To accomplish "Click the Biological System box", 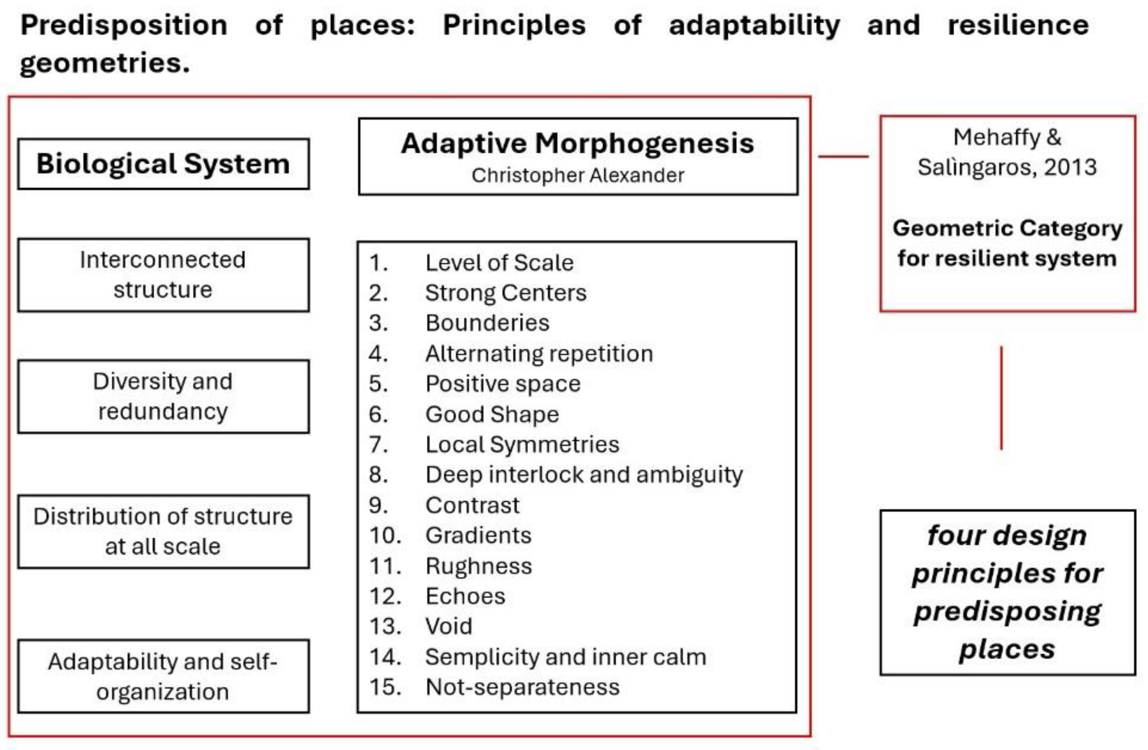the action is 163,164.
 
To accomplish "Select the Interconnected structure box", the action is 163,275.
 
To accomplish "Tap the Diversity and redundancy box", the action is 163,396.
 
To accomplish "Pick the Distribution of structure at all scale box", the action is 163,532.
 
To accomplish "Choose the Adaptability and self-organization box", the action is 163,676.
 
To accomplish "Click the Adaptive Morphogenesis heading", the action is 577,143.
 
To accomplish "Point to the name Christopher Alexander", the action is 578,175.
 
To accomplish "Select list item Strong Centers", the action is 505,293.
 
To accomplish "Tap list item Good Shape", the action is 492,414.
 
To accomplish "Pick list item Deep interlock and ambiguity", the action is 584,475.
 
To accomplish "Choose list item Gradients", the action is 479,535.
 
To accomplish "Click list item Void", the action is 448,626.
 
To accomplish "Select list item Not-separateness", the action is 522,687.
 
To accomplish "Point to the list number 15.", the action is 385,687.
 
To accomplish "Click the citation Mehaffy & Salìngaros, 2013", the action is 1007,153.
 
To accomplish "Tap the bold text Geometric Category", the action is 1007,228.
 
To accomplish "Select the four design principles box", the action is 1008,592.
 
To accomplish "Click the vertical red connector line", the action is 1001,398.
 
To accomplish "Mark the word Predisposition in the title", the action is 124,25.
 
